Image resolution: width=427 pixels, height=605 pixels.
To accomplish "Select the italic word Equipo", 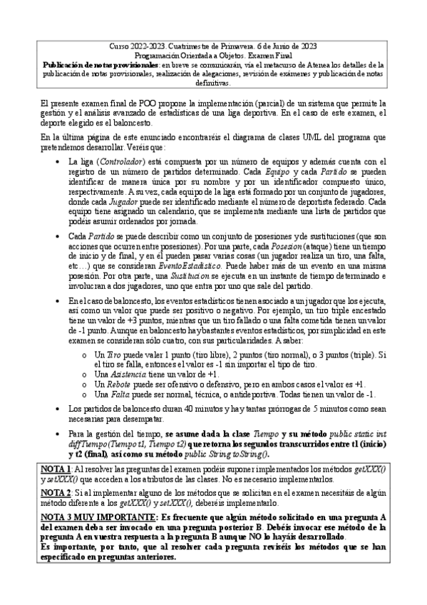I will click(x=279, y=172).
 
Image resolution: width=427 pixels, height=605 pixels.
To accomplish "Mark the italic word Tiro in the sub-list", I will click(x=114, y=354).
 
